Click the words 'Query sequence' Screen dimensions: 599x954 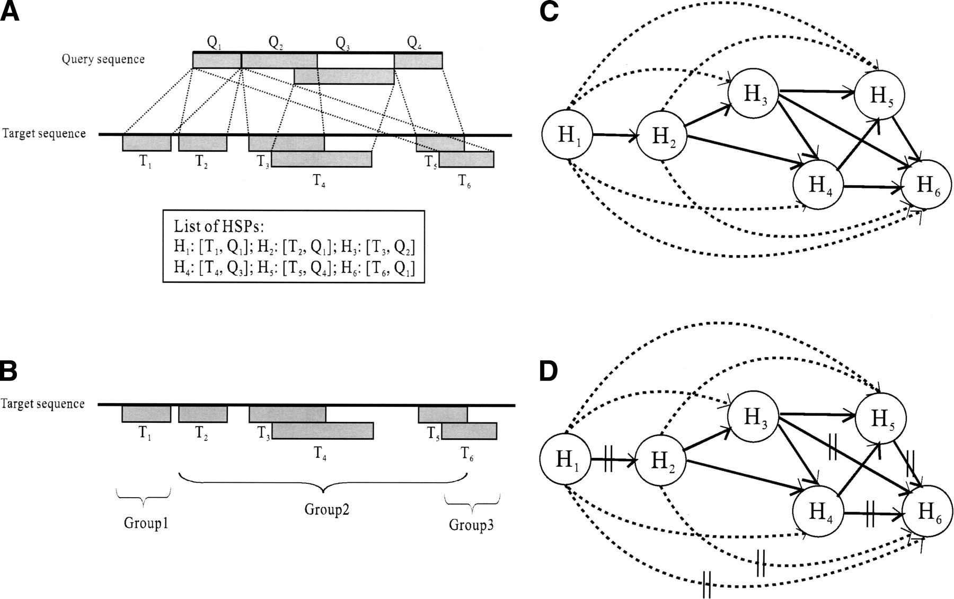click(x=103, y=59)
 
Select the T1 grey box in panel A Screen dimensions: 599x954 click(x=146, y=143)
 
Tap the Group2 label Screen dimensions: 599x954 click(x=327, y=509)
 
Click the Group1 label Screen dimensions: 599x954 click(x=146, y=523)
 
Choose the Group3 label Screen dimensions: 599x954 click(x=471, y=525)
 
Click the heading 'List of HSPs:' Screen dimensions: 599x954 click(x=218, y=227)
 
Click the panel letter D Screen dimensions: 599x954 click(x=548, y=372)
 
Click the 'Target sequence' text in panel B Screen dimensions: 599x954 click(x=43, y=404)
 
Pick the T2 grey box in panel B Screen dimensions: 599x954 click(x=203, y=414)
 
